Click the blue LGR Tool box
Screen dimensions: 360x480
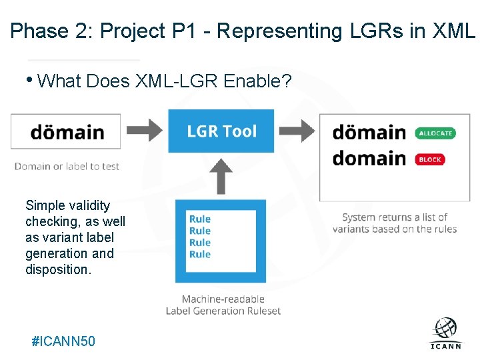(221, 131)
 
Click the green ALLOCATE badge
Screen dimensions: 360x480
(435, 133)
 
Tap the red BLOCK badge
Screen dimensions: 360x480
(430, 159)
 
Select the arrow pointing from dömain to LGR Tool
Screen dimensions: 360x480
(143, 130)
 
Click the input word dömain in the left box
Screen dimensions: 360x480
(67, 132)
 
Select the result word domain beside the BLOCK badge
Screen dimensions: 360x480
(369, 159)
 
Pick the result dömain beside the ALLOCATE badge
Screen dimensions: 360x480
(369, 133)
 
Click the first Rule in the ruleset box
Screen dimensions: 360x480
(200, 219)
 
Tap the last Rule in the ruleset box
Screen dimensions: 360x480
(200, 254)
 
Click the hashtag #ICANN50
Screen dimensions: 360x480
(63, 341)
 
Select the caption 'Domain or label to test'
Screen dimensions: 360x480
(67, 166)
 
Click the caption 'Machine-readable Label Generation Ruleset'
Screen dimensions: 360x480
(223, 305)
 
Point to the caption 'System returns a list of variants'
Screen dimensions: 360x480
(395, 223)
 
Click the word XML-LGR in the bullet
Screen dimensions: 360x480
(176, 82)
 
